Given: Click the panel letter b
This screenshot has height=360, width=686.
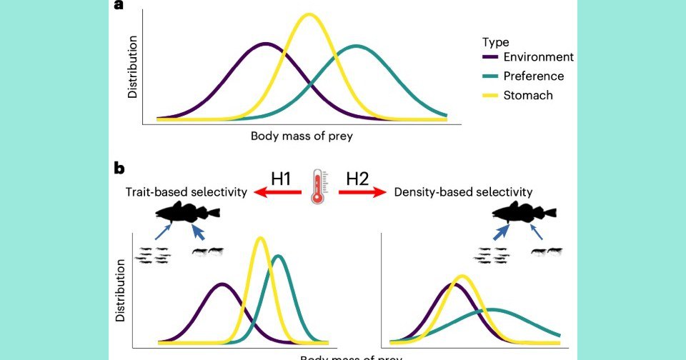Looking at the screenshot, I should coord(120,169).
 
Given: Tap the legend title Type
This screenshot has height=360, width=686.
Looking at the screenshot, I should coord(495,41).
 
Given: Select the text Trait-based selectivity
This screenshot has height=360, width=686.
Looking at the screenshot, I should coord(187,191).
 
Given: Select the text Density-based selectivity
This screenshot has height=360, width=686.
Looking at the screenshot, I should coord(464,191).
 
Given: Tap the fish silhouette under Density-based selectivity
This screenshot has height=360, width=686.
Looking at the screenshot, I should coord(525,212).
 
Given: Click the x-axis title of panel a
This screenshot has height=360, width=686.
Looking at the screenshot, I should coord(302,135).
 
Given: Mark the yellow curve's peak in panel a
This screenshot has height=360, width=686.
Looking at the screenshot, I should coord(309,14).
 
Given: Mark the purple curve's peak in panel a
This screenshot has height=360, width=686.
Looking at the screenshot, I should coord(266,44).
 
